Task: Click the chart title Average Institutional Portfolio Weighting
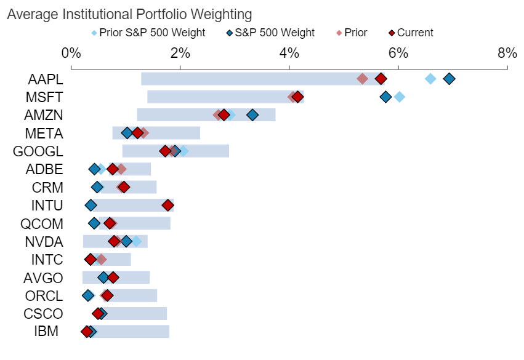pos(130,14)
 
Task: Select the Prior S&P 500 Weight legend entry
pos(148,33)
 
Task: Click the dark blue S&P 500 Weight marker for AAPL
pos(449,78)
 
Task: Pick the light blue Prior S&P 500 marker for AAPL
pos(430,78)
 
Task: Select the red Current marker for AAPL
pos(381,78)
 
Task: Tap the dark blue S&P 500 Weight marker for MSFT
pos(385,97)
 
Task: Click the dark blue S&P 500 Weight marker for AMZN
pos(252,114)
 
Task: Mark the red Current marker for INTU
pos(168,205)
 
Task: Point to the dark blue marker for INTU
pos(91,205)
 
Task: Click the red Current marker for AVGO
pos(113,278)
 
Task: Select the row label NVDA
pos(44,241)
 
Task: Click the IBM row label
pos(46,332)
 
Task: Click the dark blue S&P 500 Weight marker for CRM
pos(97,187)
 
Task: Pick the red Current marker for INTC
pos(91,259)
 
